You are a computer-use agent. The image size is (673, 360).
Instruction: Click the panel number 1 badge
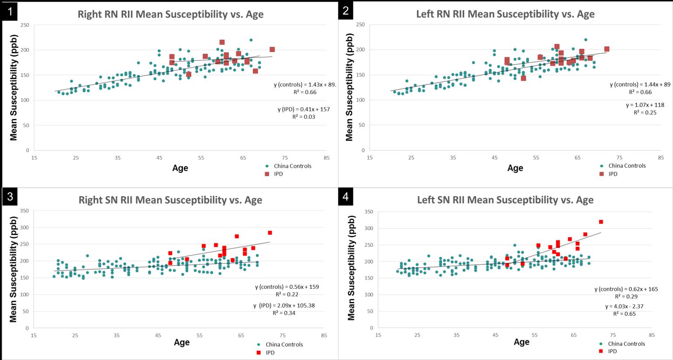click(10, 11)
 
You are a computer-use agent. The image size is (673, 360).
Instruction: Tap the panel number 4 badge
click(346, 197)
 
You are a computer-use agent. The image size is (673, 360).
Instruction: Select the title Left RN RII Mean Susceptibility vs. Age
click(505, 14)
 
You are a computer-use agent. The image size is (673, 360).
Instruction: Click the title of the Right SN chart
click(170, 200)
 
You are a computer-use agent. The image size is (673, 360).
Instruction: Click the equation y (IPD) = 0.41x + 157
click(304, 109)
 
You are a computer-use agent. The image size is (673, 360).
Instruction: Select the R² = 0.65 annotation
click(624, 314)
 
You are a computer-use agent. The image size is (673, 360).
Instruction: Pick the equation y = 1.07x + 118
click(645, 105)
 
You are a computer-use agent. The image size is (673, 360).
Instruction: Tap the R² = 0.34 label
click(284, 313)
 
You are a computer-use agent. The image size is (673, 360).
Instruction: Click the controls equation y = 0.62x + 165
click(626, 289)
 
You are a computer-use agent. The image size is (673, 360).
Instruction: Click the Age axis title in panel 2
click(515, 168)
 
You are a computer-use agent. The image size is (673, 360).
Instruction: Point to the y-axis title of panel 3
click(13, 269)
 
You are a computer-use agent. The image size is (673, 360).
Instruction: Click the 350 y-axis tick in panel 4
click(369, 212)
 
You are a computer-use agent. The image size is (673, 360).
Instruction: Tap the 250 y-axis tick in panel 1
click(25, 25)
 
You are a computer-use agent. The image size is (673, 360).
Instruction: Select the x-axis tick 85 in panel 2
click(661, 158)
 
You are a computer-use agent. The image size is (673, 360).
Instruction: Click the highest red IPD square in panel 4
click(601, 222)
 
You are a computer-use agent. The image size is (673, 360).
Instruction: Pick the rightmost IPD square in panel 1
click(272, 49)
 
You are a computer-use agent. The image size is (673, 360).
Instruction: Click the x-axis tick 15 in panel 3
click(34, 336)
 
